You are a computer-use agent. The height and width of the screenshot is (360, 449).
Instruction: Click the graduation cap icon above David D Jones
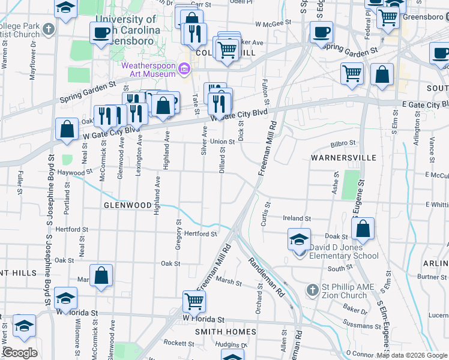pyautogui.click(x=299, y=239)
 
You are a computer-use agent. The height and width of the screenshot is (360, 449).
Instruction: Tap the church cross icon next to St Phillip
pyautogui.click(x=311, y=290)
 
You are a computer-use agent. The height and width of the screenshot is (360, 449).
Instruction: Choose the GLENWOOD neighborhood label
pyautogui.click(x=127, y=205)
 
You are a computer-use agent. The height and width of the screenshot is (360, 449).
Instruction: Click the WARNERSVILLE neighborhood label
pyautogui.click(x=343, y=158)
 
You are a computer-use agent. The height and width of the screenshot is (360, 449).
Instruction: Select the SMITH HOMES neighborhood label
pyautogui.click(x=225, y=331)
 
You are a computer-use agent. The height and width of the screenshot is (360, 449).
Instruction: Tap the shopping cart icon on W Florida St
pyautogui.click(x=194, y=301)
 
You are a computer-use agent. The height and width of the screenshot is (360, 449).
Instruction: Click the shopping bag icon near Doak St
pyautogui.click(x=363, y=229)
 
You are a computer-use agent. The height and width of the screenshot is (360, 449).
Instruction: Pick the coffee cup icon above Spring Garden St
pyautogui.click(x=321, y=32)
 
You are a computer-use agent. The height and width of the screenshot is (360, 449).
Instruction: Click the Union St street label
pyautogui.click(x=221, y=142)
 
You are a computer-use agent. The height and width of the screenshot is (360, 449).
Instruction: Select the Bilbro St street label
pyautogui.click(x=343, y=144)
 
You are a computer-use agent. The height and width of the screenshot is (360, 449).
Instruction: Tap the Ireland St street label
pyautogui.click(x=298, y=219)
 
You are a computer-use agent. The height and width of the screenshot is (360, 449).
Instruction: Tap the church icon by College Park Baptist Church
pyautogui.click(x=53, y=28)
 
